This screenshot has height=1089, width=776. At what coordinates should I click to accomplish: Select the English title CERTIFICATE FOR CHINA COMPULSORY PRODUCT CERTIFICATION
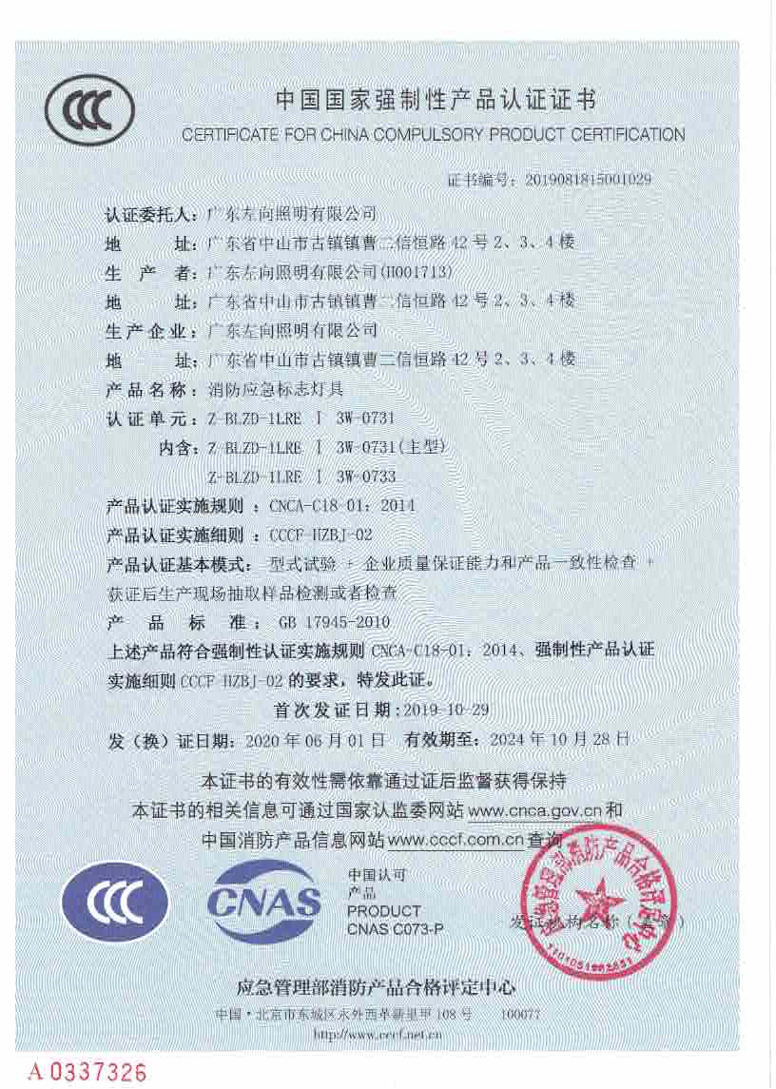[x=433, y=135]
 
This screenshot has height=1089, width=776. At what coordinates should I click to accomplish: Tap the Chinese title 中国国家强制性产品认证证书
[x=435, y=99]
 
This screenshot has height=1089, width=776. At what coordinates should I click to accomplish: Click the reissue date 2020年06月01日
[x=315, y=739]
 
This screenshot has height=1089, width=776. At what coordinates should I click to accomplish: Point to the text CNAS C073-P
[x=396, y=928]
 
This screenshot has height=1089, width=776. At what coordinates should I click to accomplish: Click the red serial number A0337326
[x=87, y=1072]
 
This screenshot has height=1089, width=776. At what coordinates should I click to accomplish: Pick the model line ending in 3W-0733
[x=301, y=476]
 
